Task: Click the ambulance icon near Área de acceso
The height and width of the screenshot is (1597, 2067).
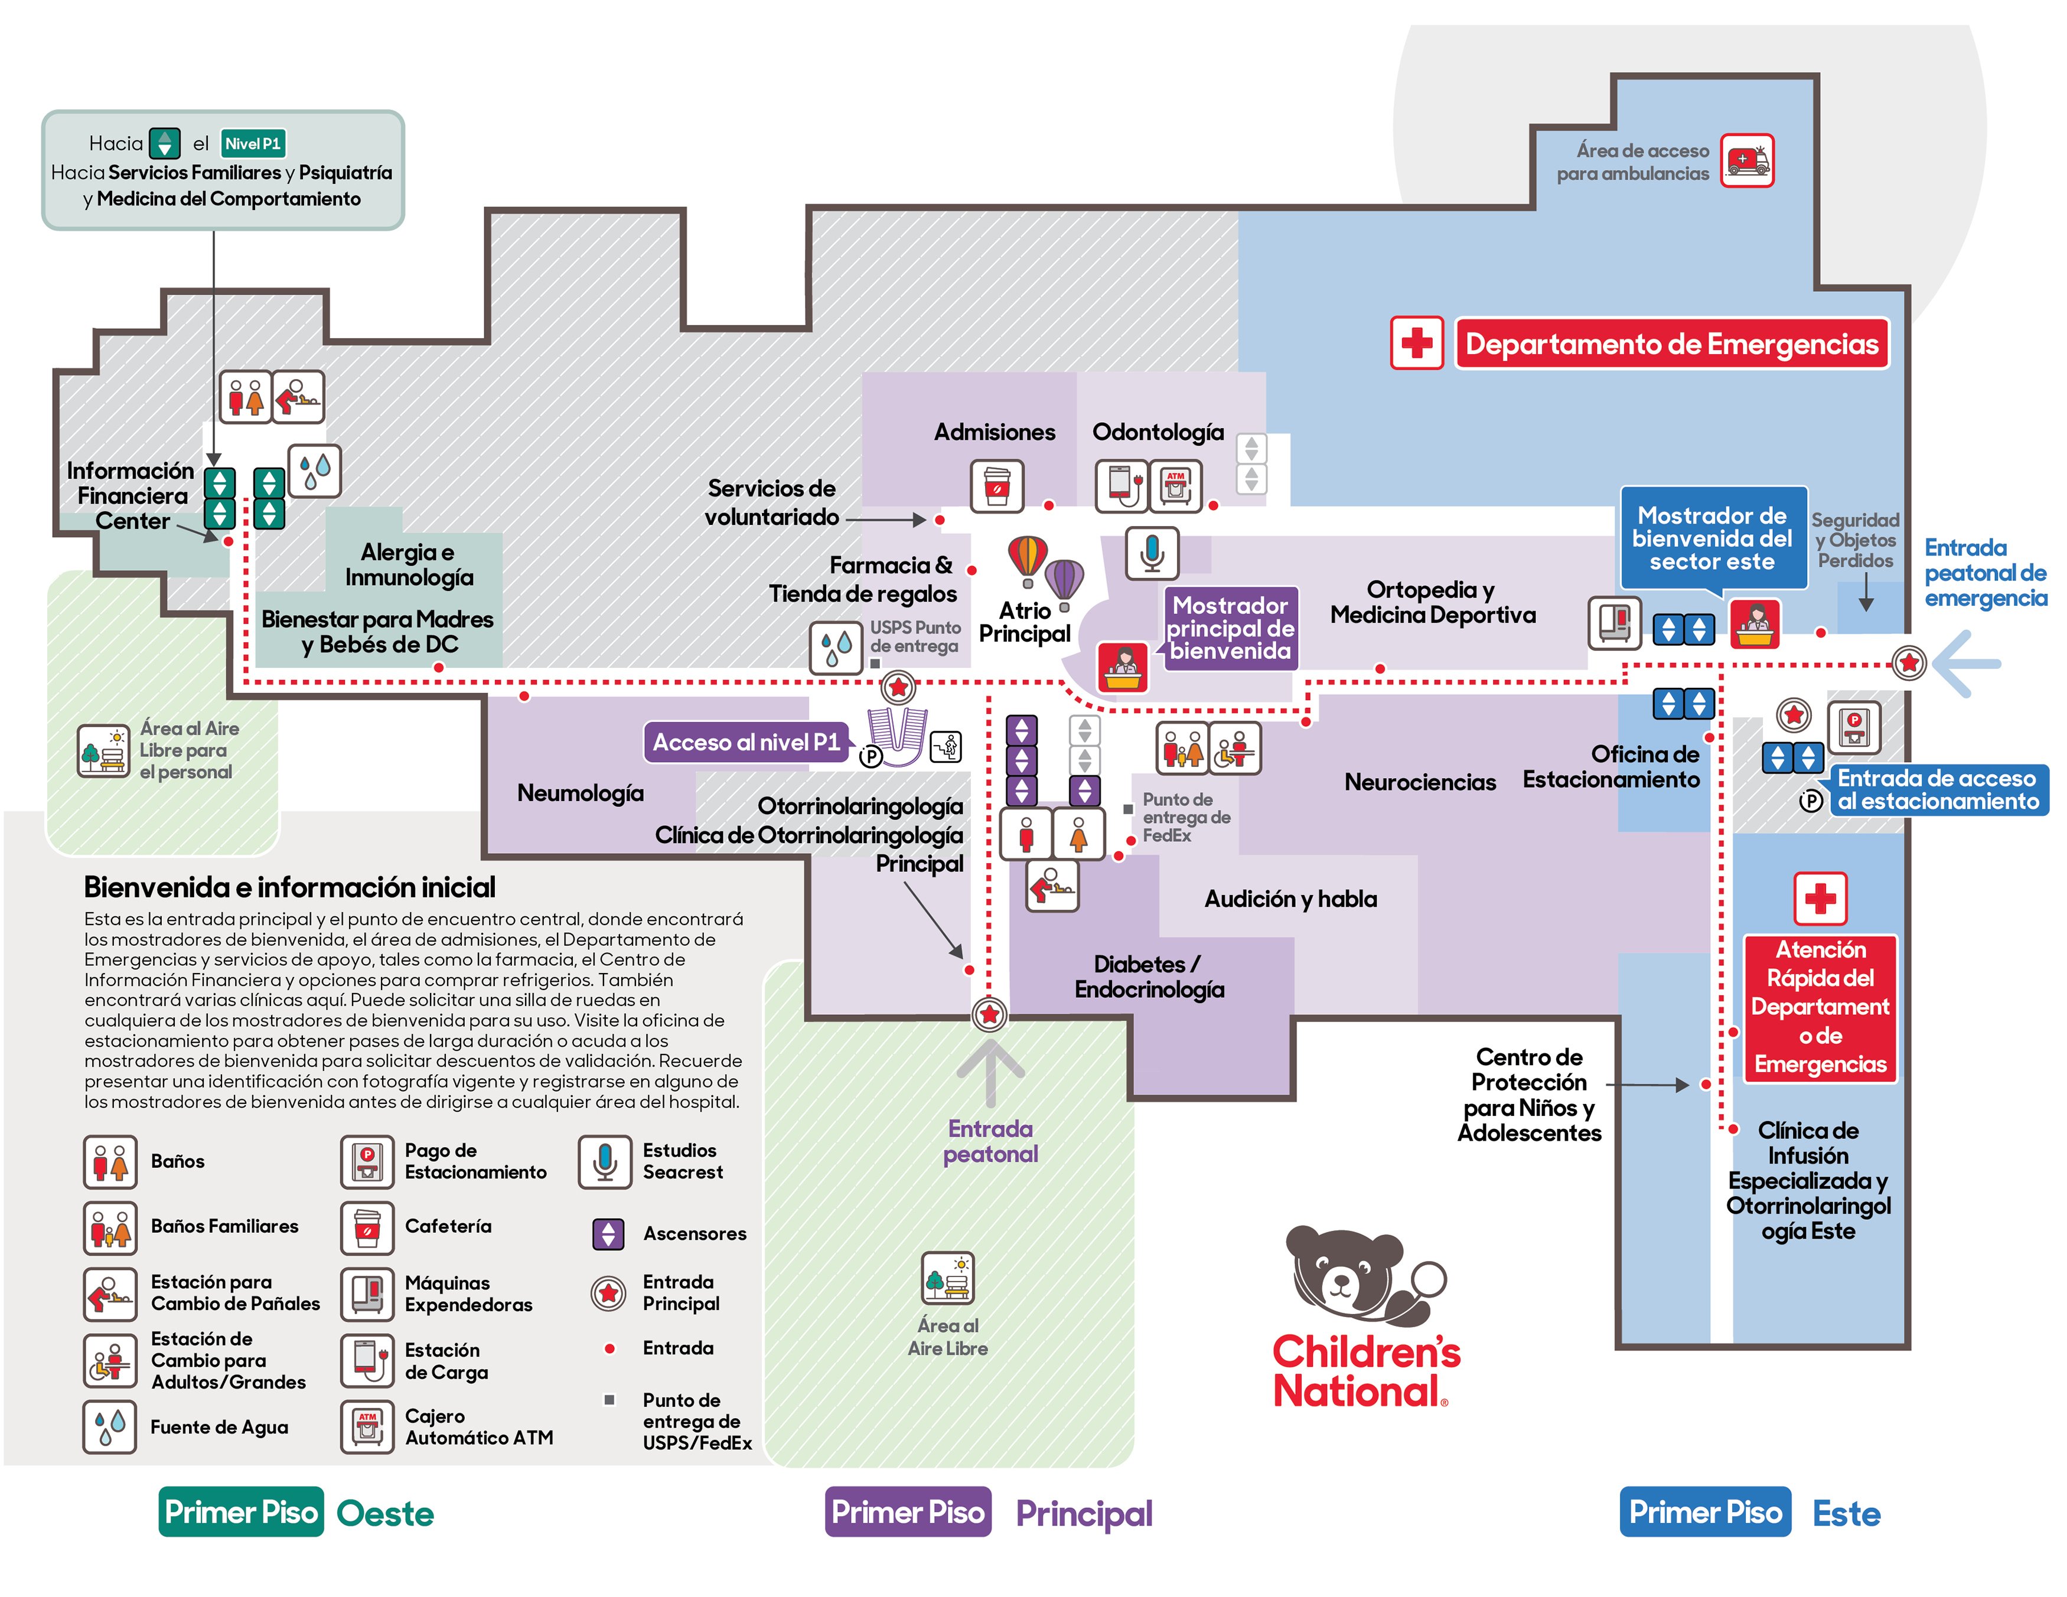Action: click(1746, 161)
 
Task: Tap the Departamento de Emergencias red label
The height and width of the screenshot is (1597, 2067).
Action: click(1671, 344)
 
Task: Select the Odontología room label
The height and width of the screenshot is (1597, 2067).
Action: click(1158, 432)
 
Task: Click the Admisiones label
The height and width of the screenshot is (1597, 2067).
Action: click(995, 432)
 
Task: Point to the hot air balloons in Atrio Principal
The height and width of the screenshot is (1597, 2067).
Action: click(1046, 570)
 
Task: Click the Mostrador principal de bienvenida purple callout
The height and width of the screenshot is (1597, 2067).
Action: click(1230, 628)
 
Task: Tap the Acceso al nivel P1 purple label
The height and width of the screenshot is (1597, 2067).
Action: click(746, 743)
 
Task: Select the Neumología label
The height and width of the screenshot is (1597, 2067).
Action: click(580, 793)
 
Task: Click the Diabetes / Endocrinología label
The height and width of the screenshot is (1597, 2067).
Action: click(1149, 977)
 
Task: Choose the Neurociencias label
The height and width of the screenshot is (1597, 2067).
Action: click(1420, 782)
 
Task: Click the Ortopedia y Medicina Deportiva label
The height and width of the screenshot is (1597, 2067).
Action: click(1432, 603)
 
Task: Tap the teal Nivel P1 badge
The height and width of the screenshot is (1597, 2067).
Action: click(253, 144)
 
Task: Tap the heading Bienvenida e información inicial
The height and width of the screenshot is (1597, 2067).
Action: click(289, 887)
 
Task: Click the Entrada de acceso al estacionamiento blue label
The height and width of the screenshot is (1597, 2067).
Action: click(1937, 790)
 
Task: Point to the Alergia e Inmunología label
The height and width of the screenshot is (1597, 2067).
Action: click(409, 565)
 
